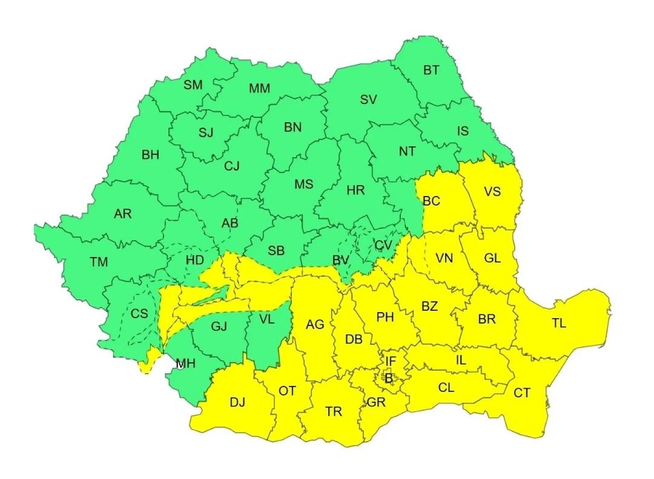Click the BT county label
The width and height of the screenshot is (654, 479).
click(431, 71)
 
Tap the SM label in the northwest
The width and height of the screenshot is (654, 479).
click(193, 85)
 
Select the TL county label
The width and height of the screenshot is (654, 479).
click(558, 324)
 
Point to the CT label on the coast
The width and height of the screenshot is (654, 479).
click(522, 393)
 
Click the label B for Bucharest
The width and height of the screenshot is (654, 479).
click(389, 379)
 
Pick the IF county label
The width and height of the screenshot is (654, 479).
click(391, 362)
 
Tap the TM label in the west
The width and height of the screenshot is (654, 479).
click(99, 262)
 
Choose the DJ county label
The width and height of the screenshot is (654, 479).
click(237, 402)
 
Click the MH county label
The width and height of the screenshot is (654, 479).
click(185, 364)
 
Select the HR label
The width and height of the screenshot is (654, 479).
click(355, 191)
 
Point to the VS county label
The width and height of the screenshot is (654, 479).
click(492, 192)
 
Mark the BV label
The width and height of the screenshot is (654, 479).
click(341, 261)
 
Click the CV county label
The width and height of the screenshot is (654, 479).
click(383, 246)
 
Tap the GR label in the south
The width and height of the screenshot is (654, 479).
click(374, 402)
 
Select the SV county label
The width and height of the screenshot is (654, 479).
click(368, 100)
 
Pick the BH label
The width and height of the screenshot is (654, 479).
click(150, 155)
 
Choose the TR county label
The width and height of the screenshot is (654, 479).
click(333, 412)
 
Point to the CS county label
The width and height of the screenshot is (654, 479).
click(139, 314)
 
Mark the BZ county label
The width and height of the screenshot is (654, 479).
click(429, 307)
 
